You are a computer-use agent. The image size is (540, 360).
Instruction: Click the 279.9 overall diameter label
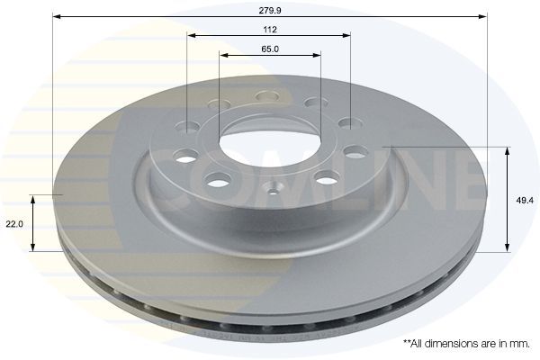click(270, 11)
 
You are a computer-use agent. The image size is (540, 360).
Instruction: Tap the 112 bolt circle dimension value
click(270, 30)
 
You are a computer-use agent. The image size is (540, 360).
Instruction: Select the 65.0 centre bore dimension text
click(270, 49)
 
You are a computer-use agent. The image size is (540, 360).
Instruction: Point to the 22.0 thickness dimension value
click(14, 224)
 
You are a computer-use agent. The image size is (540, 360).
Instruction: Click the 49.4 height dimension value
click(525, 200)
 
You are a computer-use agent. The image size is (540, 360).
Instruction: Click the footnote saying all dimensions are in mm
click(466, 344)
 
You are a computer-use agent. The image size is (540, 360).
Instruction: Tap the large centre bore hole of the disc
click(270, 139)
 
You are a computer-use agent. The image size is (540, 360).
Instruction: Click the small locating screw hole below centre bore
click(273, 191)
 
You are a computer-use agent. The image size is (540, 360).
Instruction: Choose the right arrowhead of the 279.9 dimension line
click(482, 16)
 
